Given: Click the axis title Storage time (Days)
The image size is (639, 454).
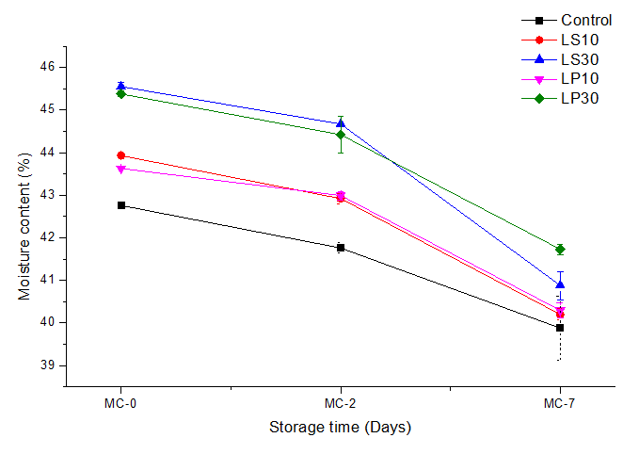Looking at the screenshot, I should pyautogui.click(x=341, y=427).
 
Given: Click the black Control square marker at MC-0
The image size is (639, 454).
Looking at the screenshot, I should pyautogui.click(x=120, y=205).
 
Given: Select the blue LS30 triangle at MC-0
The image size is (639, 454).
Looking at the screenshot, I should pyautogui.click(x=120, y=86).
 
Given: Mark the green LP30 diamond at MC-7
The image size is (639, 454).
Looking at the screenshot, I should pyautogui.click(x=560, y=250).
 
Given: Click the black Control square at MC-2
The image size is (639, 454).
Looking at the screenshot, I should pyautogui.click(x=341, y=248).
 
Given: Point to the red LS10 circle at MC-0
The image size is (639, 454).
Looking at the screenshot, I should pyautogui.click(x=120, y=155).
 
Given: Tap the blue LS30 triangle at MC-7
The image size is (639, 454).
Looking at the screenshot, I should pyautogui.click(x=560, y=284).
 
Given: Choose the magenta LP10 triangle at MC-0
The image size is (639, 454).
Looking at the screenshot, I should pyautogui.click(x=120, y=170).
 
